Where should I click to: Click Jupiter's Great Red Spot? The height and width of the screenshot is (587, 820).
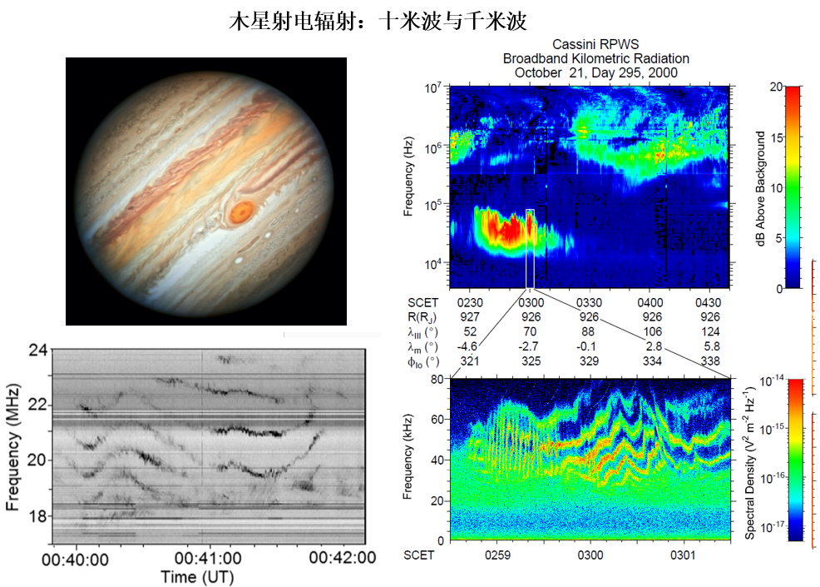click(x=242, y=211)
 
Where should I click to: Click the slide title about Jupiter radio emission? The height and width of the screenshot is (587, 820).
click(x=378, y=21)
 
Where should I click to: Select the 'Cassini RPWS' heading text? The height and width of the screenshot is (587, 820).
click(x=595, y=45)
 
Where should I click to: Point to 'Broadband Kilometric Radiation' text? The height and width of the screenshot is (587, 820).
click(x=595, y=58)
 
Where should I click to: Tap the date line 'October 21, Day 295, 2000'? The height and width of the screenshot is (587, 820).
click(x=595, y=72)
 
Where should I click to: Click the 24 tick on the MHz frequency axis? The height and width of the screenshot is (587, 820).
click(x=37, y=350)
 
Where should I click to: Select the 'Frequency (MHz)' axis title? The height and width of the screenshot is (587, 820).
click(x=12, y=446)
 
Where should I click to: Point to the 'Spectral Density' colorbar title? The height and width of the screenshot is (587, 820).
click(x=750, y=460)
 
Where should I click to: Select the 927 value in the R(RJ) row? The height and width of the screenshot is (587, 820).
click(x=470, y=316)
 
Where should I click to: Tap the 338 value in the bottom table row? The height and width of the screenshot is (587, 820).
click(x=709, y=361)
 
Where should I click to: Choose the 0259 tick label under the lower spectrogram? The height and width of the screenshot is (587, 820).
click(x=498, y=554)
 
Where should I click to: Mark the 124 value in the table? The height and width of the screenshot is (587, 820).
click(x=709, y=331)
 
